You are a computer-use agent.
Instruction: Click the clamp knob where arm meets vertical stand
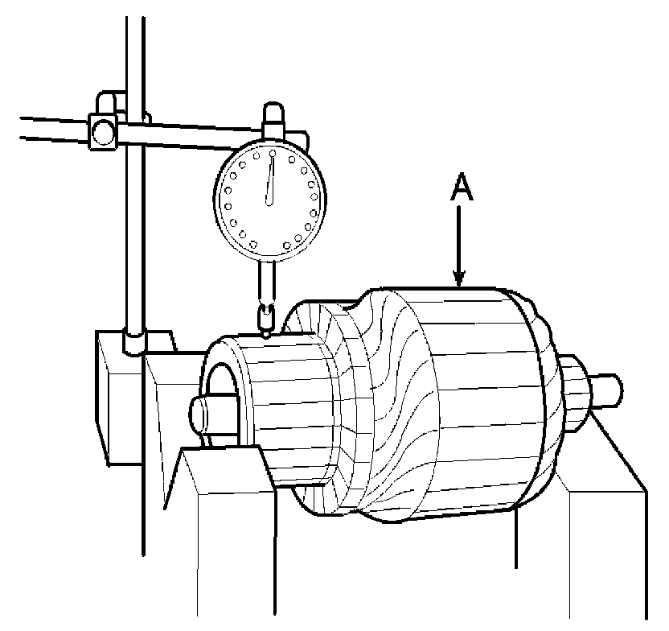104,130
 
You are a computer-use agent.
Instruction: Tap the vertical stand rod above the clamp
134,56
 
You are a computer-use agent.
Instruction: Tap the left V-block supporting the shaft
225,515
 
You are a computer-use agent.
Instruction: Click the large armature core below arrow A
474,394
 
